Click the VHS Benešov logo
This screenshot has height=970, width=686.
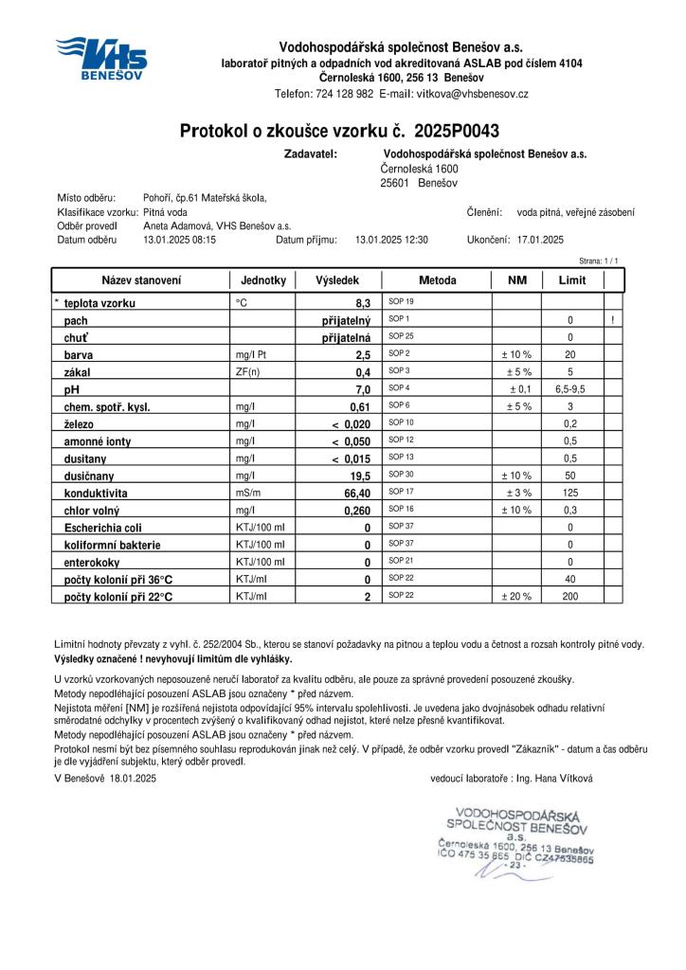[x=100, y=58]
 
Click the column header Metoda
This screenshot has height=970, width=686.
[x=437, y=280]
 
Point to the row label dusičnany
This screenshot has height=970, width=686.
[x=94, y=476]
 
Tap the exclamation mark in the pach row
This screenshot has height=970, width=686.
[x=613, y=320]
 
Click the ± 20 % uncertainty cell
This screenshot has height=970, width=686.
[x=516, y=597]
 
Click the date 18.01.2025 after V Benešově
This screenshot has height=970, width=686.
[x=133, y=778]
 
